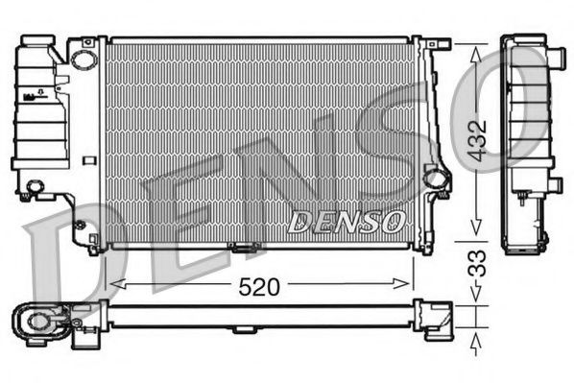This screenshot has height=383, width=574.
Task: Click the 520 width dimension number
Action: [x=259, y=287]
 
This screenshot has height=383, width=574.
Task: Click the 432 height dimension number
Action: [x=477, y=140]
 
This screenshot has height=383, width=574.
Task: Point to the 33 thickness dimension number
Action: [x=477, y=263]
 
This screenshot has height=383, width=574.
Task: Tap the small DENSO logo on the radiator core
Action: [x=347, y=222]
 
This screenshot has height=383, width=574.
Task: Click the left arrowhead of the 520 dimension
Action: [x=118, y=284]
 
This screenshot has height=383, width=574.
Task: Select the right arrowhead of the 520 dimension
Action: [x=400, y=283]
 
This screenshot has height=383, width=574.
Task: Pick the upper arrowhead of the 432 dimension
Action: [x=475, y=54]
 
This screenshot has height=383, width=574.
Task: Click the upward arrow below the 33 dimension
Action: [x=475, y=346]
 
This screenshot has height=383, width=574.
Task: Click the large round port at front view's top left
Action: [x=84, y=60]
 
